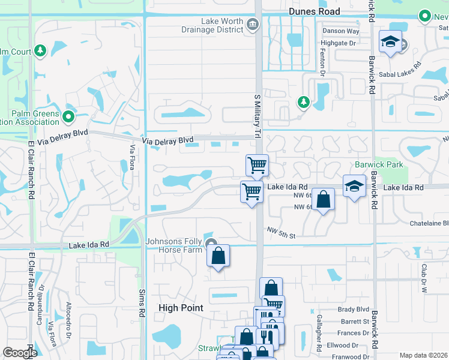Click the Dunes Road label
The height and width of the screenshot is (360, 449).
(314, 11)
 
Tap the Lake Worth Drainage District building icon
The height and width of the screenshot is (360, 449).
(252, 25)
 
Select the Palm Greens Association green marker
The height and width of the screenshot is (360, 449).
(68, 116)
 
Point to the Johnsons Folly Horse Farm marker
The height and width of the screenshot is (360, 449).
(211, 244)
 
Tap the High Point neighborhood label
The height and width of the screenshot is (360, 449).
(181, 308)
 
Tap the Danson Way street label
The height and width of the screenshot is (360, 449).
(341, 31)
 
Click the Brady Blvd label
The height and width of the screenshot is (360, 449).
(353, 310)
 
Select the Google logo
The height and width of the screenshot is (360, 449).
(20, 353)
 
